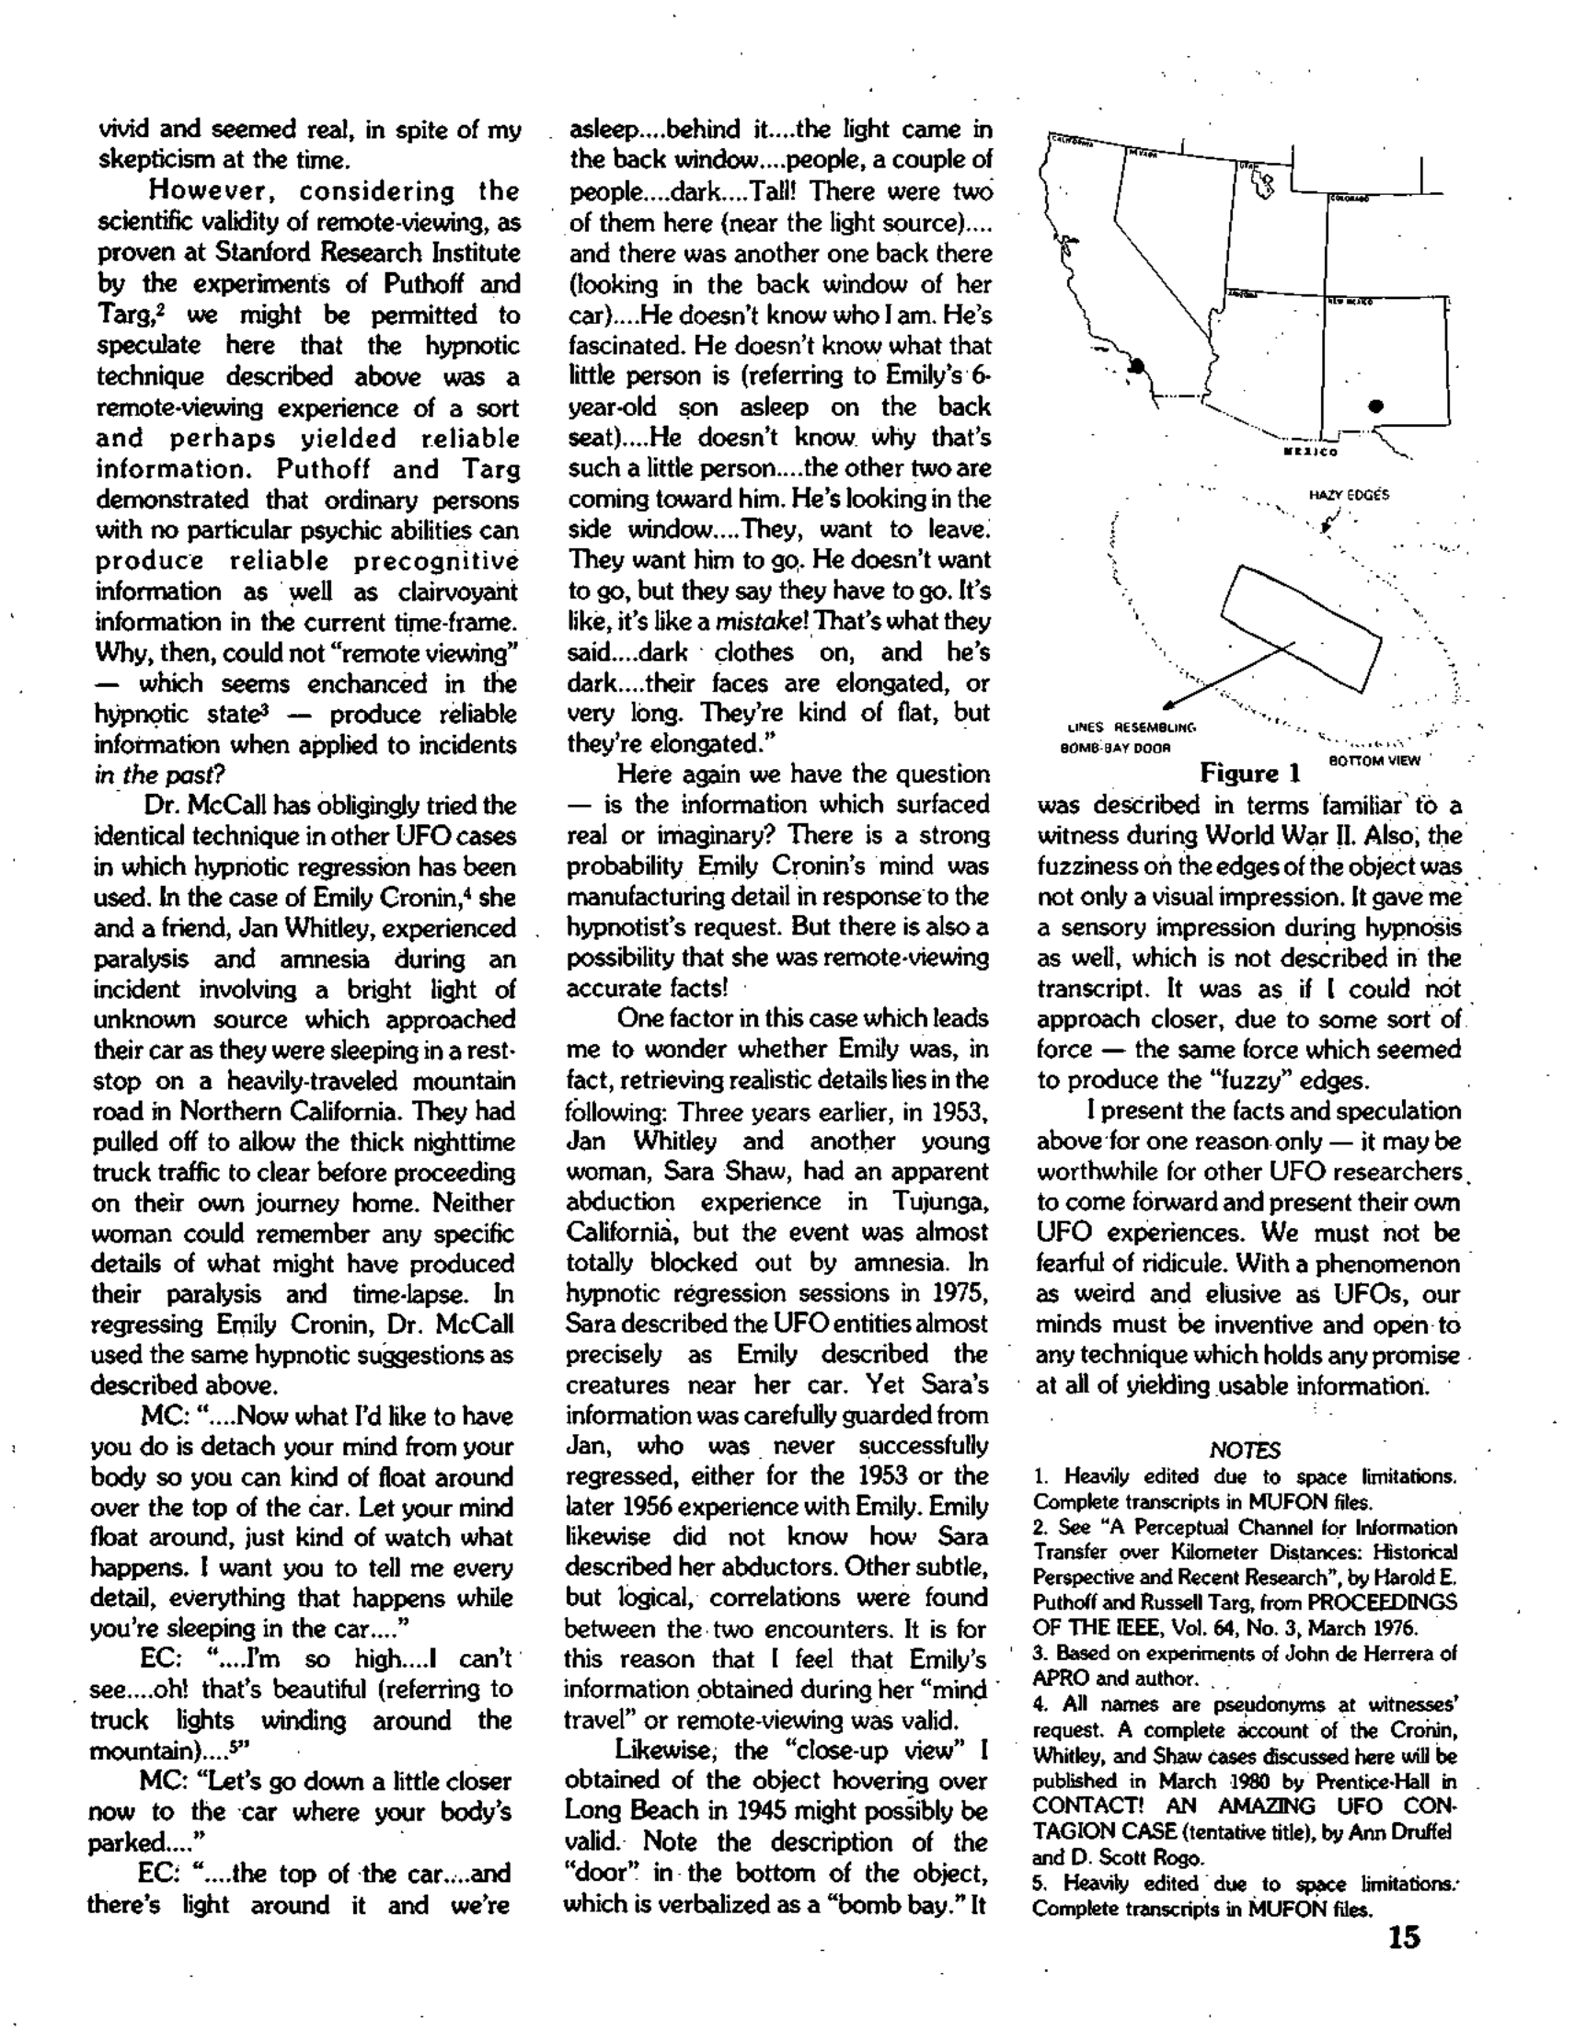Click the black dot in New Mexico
coord(1375,406)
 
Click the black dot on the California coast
coord(1138,365)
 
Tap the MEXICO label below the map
coord(1310,453)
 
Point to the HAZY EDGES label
coord(1349,495)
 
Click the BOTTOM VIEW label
coord(1374,760)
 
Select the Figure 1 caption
coord(1250,774)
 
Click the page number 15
coord(1404,1936)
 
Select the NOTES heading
coord(1244,1451)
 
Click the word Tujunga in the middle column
coord(941,1201)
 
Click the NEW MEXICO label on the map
coord(1348,303)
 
